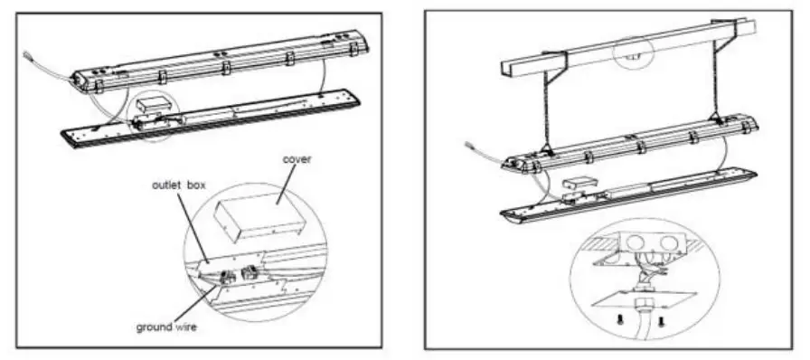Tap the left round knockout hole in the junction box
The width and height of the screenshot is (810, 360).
[x=629, y=242]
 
